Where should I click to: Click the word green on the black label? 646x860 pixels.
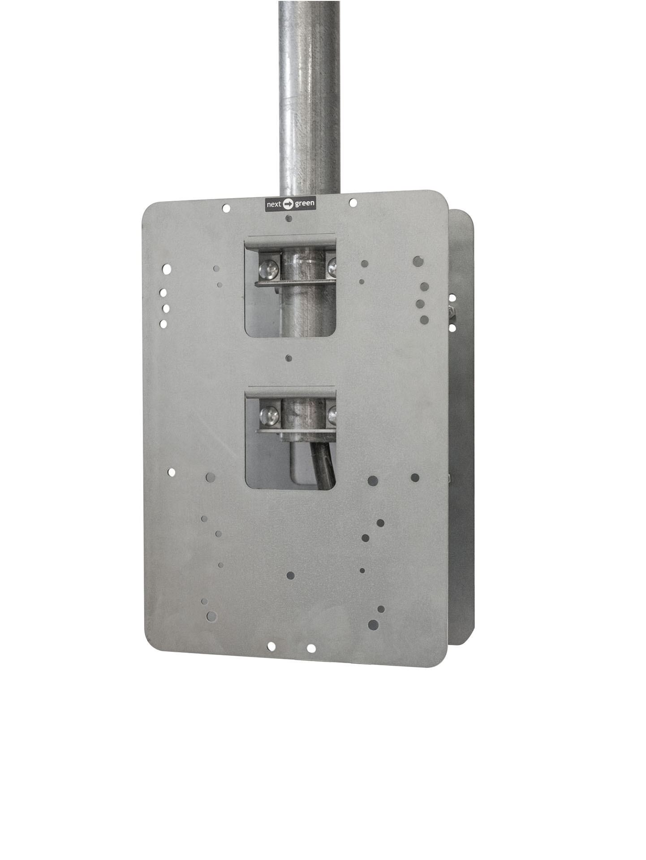pyautogui.click(x=304, y=204)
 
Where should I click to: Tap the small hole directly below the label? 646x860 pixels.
pyautogui.click(x=289, y=218)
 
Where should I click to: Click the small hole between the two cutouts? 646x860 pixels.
pyautogui.click(x=289, y=358)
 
